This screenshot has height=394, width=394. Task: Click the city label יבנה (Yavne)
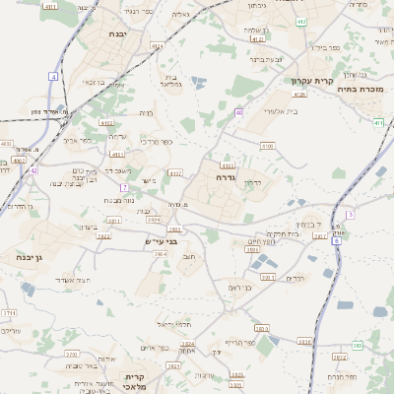[128, 33]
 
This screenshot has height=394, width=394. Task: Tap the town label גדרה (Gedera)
[224, 178]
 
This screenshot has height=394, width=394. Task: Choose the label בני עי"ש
[160, 240]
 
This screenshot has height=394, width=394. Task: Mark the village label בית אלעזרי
[260, 111]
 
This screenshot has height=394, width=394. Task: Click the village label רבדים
[295, 278]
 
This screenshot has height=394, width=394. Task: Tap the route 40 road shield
[238, 112]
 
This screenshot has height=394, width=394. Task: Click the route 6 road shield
[337, 239]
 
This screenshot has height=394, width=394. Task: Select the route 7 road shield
[124, 187]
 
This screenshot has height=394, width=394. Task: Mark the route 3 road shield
[349, 214]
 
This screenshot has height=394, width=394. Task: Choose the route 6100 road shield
[266, 146]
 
